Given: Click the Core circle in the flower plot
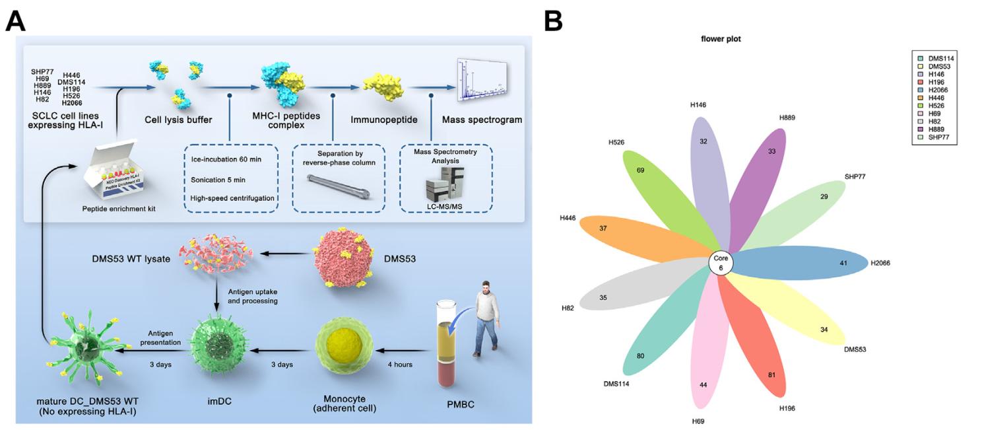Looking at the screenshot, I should (721, 264).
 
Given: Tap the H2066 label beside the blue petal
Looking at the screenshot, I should (880, 263).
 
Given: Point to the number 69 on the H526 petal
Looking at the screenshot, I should (640, 170).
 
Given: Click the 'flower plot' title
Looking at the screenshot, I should (721, 39).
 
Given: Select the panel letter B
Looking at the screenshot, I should (553, 21).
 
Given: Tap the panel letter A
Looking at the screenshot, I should (16, 21).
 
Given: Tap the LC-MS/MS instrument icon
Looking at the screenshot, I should (446, 184).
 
